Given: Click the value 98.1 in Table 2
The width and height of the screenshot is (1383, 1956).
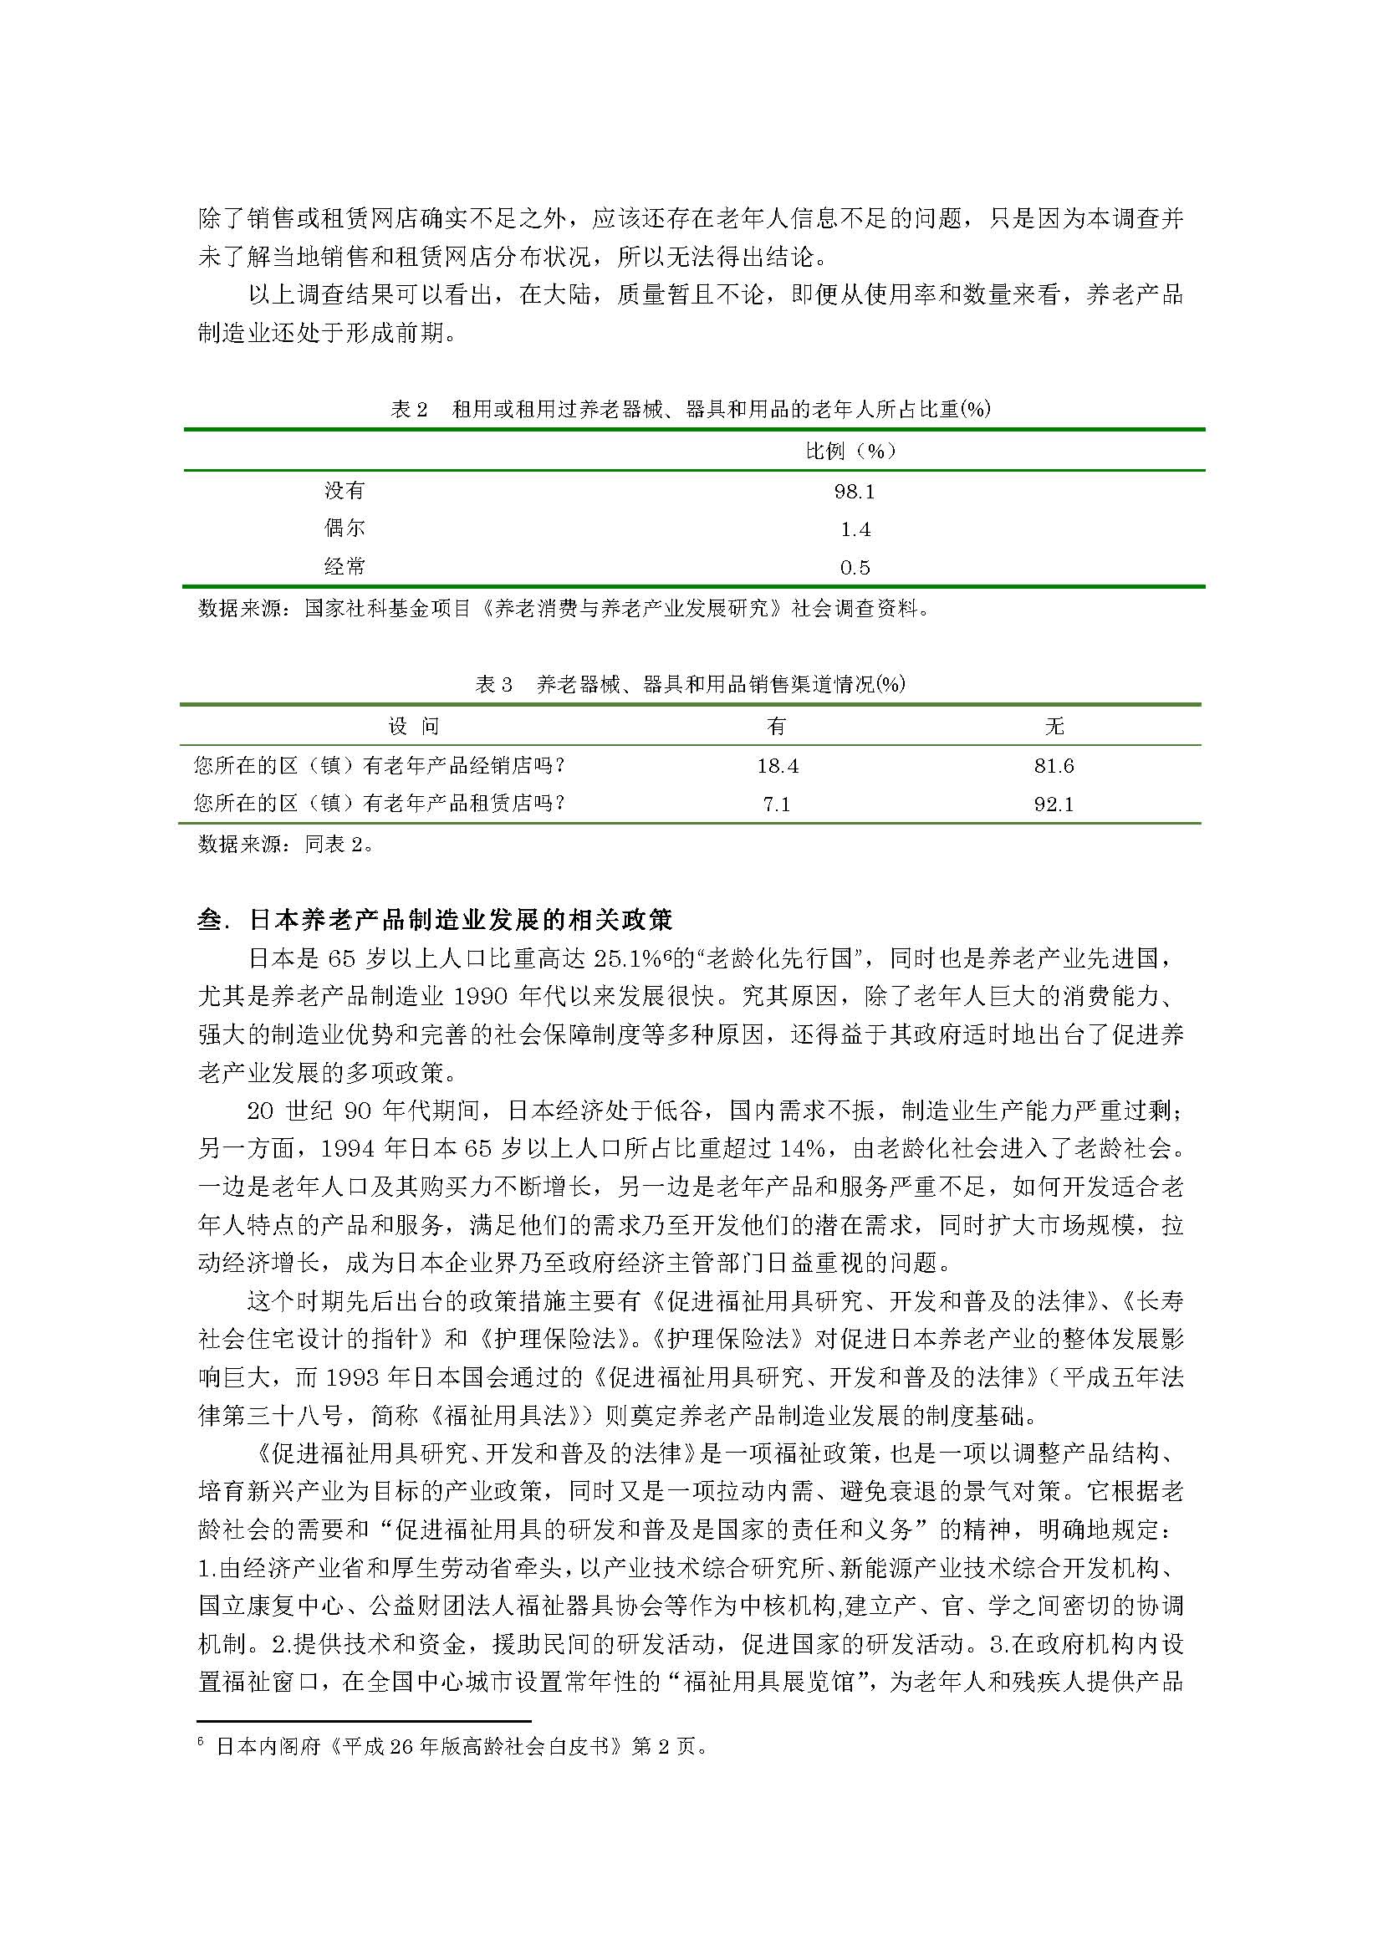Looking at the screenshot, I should [855, 492].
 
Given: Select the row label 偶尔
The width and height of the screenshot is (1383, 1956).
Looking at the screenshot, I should [344, 529].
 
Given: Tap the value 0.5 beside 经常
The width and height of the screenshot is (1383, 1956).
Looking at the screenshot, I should [855, 567].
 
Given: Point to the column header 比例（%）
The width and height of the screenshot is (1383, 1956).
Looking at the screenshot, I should [850, 451].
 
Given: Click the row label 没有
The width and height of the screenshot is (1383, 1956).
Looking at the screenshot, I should [344, 490].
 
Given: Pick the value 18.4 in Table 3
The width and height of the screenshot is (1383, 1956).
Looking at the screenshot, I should [778, 766].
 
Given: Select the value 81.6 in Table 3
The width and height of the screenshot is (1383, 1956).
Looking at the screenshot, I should [1054, 766].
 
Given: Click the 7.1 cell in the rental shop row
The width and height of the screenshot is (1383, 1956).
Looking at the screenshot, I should [777, 804].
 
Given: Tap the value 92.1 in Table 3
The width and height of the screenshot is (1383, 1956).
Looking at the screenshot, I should [1054, 804].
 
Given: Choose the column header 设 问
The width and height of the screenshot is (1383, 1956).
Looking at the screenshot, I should [413, 726].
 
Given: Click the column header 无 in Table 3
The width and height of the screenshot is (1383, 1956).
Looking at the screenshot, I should [1054, 726].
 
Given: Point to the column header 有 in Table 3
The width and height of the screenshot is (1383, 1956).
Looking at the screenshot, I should [777, 726].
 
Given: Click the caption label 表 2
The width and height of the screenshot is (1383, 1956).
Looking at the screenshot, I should [409, 410].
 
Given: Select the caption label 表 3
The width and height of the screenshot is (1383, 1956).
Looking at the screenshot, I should [494, 684].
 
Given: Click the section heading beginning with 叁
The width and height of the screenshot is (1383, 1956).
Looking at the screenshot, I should [435, 920].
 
